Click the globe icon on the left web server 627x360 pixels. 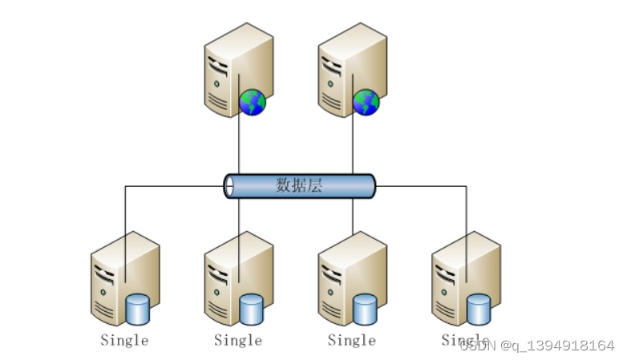pos(253,102)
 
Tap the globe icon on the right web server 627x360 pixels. pos(366,102)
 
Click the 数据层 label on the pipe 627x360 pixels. pos(299,186)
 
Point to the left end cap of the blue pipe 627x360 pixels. pos(229,186)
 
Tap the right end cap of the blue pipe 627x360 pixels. pos(370,186)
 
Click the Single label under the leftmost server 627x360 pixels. pos(124,340)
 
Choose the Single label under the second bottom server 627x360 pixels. pos(238,340)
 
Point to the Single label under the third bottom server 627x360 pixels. pos(352,340)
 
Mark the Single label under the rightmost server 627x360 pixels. pos(465,340)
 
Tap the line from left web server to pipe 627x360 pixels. pos(239,148)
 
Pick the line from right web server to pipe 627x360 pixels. pos(353,148)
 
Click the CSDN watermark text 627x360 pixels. pos(537,346)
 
